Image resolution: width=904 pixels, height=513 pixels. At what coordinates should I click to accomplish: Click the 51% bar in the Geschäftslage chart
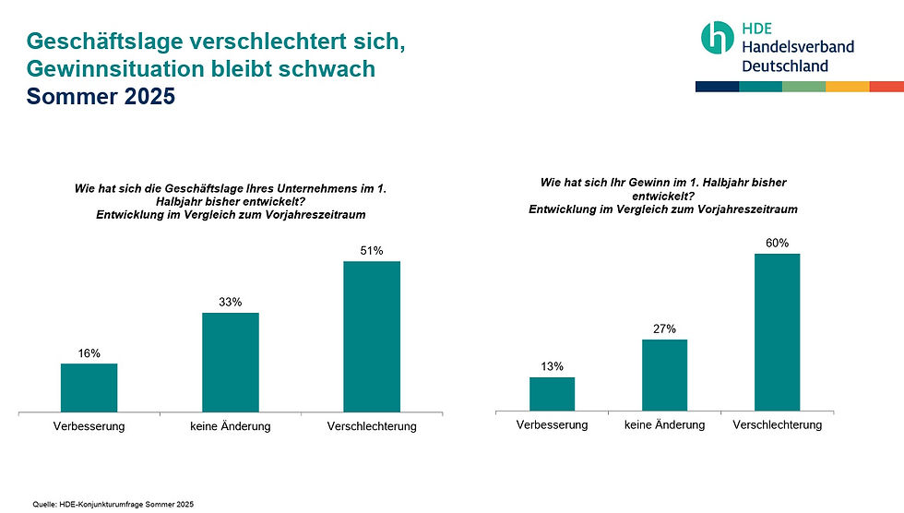click(372, 336)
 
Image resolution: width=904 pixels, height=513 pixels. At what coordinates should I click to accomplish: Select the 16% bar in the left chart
click(89, 388)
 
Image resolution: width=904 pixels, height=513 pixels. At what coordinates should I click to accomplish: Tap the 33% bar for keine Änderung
click(231, 362)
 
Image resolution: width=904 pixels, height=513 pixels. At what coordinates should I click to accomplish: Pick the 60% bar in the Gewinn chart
click(777, 331)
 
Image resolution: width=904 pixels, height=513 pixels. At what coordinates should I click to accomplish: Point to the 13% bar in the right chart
click(552, 393)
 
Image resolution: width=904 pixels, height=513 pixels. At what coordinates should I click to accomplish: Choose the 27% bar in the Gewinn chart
click(664, 375)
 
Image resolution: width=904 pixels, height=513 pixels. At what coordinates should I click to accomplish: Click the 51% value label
click(372, 250)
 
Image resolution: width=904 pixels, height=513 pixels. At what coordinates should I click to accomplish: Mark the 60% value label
click(777, 243)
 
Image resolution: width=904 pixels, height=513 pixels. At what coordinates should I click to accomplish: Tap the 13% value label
click(552, 366)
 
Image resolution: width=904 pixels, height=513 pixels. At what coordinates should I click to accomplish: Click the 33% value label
click(231, 302)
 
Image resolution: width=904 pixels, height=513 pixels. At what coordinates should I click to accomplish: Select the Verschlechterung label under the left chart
click(372, 426)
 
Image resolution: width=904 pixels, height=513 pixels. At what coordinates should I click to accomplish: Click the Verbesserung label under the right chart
click(552, 425)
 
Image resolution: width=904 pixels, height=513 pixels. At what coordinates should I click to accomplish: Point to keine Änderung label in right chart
click(664, 425)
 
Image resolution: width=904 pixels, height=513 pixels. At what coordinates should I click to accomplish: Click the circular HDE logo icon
click(717, 37)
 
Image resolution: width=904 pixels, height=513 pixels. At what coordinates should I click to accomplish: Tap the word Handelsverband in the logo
click(797, 46)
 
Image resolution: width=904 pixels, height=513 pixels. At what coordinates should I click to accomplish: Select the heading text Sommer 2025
click(101, 96)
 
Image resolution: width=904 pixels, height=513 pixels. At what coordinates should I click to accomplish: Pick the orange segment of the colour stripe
click(848, 87)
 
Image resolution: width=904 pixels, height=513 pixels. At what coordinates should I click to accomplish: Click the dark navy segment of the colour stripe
click(717, 87)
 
